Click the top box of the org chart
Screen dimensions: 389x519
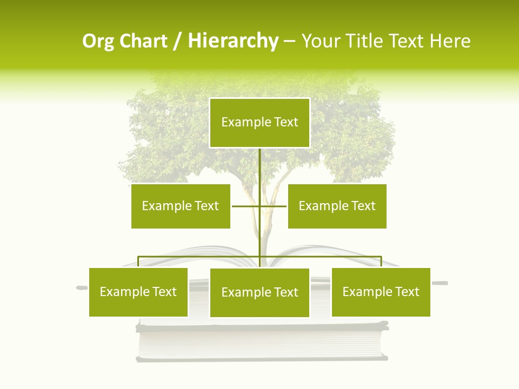[x=259, y=123]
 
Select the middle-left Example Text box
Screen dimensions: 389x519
[x=181, y=206]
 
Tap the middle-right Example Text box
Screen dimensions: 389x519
[x=337, y=206]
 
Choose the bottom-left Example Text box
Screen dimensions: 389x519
[x=138, y=292]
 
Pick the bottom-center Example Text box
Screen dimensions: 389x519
[x=259, y=293]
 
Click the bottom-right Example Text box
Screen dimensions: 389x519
[x=381, y=292]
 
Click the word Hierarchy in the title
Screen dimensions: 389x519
[x=233, y=41]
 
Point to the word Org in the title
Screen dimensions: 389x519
[x=98, y=41]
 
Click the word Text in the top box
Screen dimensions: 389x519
[x=286, y=122]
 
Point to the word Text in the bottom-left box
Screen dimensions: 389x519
[x=164, y=292]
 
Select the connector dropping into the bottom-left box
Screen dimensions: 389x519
[x=138, y=261]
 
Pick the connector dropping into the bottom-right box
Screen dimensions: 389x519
[x=381, y=261]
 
